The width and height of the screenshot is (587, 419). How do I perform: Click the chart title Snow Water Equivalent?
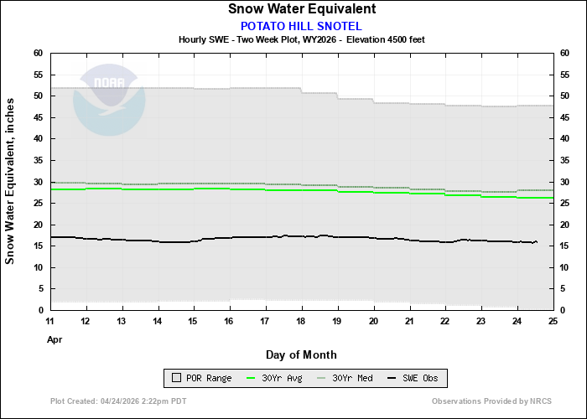point(301,9)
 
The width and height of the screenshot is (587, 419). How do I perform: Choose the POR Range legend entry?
point(200,379)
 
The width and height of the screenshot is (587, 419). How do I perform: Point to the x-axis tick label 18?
point(302,322)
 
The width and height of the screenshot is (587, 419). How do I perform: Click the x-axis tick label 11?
point(50,322)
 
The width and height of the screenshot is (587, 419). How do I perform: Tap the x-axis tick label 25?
point(553,322)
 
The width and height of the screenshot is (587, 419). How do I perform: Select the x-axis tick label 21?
point(409,322)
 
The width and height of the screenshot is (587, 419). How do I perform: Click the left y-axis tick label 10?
point(38,267)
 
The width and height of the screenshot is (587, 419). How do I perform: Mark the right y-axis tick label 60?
point(565,53)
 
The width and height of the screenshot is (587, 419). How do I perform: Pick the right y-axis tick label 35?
point(565,160)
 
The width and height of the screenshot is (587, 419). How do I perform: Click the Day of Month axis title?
point(301,354)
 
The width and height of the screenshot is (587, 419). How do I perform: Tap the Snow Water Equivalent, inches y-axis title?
point(10,181)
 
